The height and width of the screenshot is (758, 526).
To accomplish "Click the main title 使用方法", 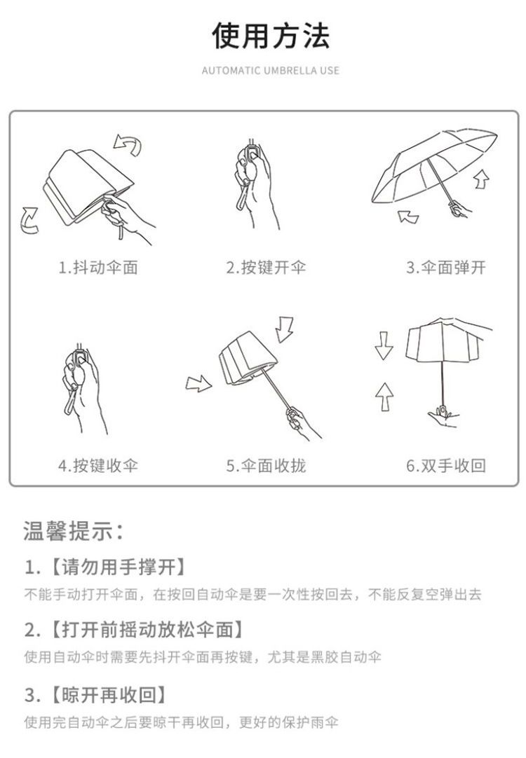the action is [x=271, y=35].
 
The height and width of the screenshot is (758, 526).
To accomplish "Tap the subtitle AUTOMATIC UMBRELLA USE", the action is [x=271, y=71].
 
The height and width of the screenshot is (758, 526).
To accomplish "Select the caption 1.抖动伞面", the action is [x=98, y=268].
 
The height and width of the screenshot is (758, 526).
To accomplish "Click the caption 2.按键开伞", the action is [x=266, y=268].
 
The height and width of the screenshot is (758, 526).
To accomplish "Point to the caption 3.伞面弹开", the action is [x=445, y=268].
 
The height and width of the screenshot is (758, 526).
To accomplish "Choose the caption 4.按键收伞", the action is [x=98, y=466].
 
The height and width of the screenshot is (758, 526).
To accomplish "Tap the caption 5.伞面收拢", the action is [x=266, y=466].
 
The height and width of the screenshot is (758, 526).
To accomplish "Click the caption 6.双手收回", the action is [x=445, y=466].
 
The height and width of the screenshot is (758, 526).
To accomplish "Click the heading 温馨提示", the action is [x=72, y=531].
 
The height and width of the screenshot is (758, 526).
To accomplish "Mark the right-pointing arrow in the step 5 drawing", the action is [x=199, y=384].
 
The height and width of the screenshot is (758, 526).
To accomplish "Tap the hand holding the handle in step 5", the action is [x=302, y=424].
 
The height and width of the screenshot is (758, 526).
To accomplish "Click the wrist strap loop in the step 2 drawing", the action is [x=243, y=198].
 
